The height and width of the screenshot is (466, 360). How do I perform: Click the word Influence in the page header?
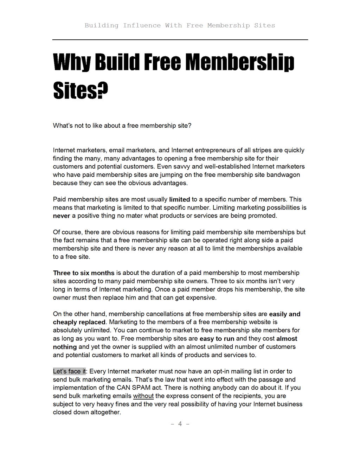tap(142, 25)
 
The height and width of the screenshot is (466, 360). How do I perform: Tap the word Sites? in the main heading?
tap(81, 91)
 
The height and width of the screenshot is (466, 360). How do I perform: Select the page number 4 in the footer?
tap(180, 424)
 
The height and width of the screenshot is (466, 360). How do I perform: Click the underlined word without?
tap(143, 396)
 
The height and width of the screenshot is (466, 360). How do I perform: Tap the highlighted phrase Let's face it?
tap(69, 371)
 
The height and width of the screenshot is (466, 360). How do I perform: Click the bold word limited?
tap(179, 199)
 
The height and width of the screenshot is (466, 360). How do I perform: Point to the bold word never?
tap(62, 216)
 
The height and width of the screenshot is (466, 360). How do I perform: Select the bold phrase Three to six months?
tap(84, 273)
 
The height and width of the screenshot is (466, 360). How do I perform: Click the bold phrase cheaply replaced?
tap(79, 322)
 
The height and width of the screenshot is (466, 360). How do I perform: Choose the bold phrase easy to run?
tap(217, 339)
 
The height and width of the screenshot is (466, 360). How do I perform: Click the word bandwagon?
tap(283, 175)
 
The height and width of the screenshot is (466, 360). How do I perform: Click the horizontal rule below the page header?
tap(180, 40)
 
